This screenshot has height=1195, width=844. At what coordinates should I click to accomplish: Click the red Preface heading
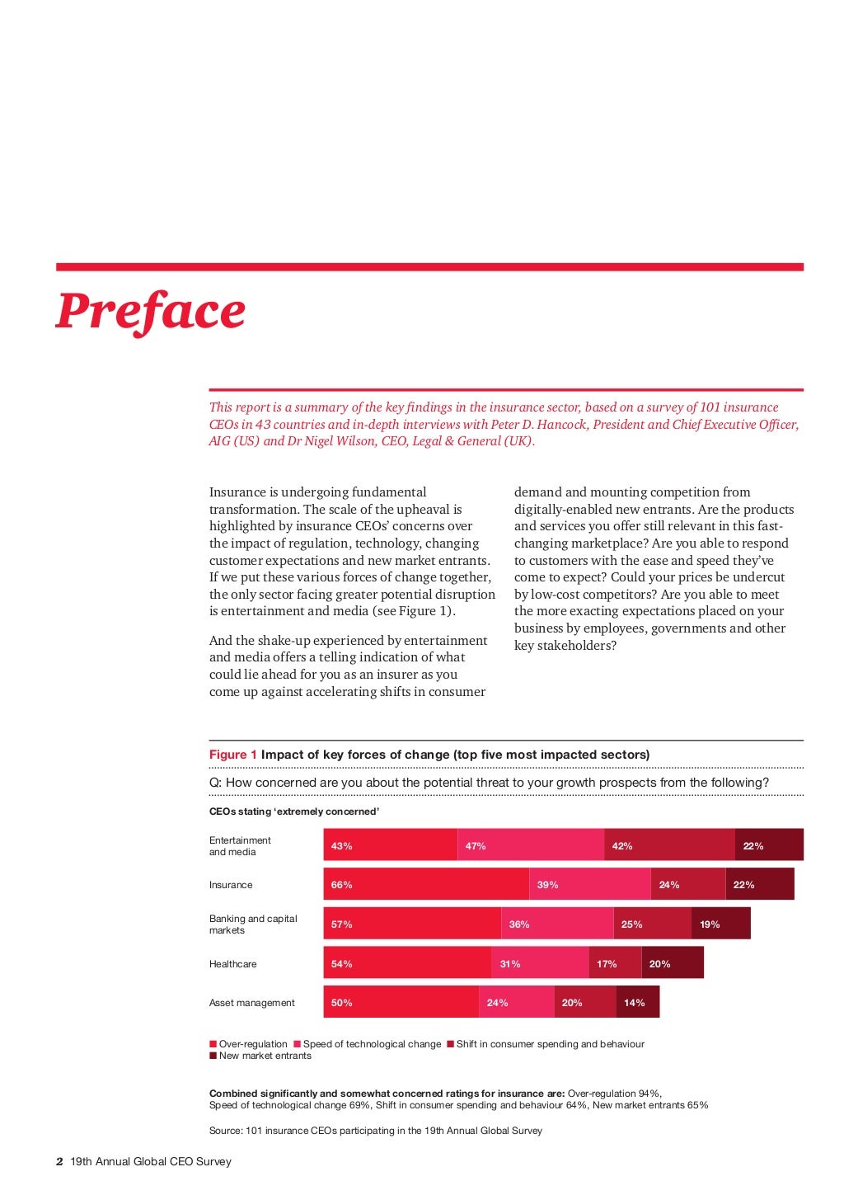[150, 311]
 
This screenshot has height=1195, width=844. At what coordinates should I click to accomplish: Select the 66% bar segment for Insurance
[425, 884]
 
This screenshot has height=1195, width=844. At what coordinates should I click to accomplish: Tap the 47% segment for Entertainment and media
[531, 845]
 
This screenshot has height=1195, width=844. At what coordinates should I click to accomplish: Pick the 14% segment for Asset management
[637, 1002]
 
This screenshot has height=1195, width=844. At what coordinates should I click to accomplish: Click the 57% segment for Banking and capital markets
[412, 924]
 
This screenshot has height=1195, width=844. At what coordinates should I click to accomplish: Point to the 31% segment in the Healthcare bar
[540, 963]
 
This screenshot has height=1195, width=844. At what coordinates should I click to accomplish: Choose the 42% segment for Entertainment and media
[669, 845]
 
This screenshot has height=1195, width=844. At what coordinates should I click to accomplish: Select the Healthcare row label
[233, 964]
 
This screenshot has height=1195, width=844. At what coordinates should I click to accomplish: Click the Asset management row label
[252, 1003]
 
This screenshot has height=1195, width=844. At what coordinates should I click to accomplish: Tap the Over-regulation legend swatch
[213, 1044]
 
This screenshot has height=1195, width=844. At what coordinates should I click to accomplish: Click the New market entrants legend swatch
[213, 1056]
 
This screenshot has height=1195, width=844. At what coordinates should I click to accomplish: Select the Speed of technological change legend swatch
[298, 1044]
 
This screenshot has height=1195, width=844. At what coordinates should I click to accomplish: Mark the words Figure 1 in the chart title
[233, 755]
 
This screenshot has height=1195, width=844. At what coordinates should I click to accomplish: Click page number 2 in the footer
[59, 1161]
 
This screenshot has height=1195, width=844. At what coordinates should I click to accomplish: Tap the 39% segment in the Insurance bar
[589, 884]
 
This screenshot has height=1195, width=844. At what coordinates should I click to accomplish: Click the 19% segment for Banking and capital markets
[720, 924]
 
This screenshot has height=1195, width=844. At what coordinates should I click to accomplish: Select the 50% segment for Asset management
[401, 1002]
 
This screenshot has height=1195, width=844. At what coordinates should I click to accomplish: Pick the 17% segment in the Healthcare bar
[614, 963]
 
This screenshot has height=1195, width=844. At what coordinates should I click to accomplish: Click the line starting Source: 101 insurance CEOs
[376, 1131]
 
